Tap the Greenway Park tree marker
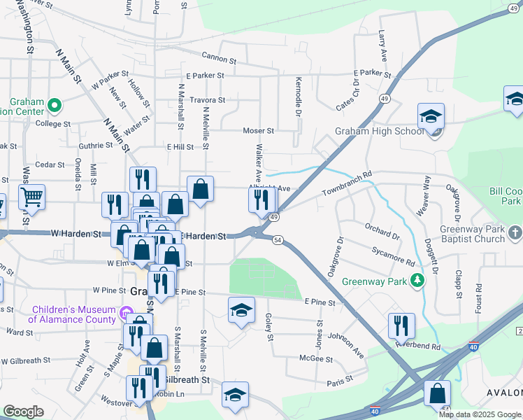coord(418,281)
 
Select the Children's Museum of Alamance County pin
coord(126,311)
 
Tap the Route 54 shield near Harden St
coord(278,240)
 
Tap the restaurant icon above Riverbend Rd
coord(401,324)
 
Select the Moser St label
coord(258,130)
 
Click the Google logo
coord(23,412)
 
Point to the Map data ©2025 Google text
coord(479,414)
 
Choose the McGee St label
coord(315,358)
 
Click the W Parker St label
coord(110,78)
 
